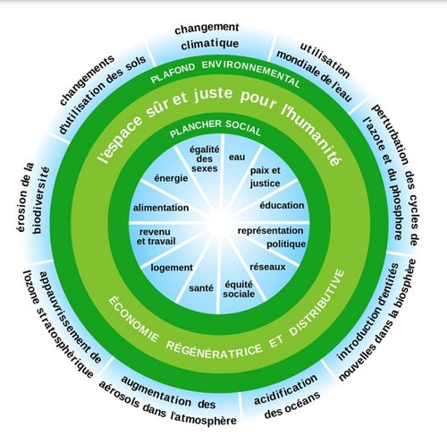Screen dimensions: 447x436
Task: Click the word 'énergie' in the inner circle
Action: [171, 179]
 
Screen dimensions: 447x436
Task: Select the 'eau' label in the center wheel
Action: [237, 157]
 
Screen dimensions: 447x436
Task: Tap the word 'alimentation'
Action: [161, 208]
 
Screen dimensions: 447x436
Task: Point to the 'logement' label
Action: [172, 268]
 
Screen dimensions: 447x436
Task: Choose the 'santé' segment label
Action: [201, 288]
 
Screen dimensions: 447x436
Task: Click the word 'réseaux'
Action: [267, 267]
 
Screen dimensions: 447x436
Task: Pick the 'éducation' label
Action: [282, 205]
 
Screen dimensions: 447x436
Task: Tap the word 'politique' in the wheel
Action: [286, 244]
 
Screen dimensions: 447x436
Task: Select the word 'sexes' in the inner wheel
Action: [205, 168]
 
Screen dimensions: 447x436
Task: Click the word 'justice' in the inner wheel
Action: [265, 184]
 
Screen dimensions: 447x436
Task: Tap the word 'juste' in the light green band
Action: [213, 94]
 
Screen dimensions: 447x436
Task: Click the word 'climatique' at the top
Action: [210, 45]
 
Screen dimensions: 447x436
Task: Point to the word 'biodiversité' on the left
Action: [41, 200]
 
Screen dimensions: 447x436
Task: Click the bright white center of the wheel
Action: [220, 223]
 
